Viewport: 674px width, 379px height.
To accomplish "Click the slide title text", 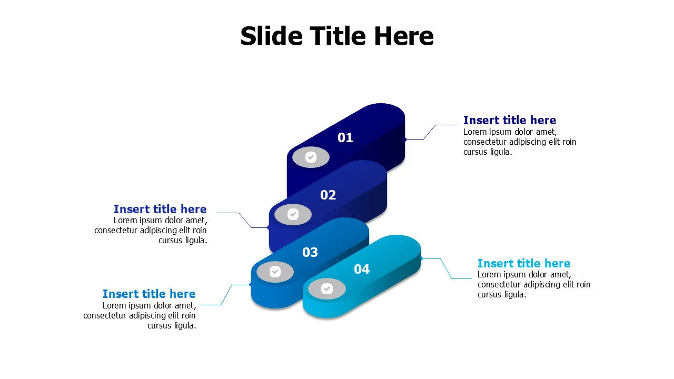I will pos(337,36).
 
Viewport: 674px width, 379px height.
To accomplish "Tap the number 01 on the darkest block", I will pos(345,138).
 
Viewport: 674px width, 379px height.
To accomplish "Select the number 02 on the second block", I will pos(328,195).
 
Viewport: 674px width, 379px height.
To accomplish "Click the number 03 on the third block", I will pos(310,253).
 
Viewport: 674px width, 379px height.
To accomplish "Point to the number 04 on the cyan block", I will pos(361,270).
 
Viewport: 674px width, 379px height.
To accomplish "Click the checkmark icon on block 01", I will pos(311,157).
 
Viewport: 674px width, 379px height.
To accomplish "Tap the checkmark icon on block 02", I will pos(293,214).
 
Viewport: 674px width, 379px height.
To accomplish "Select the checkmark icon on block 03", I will pos(275,272).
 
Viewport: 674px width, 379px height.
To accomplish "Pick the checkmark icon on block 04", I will pos(326,289).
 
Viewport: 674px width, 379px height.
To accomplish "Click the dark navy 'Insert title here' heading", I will pos(509,120).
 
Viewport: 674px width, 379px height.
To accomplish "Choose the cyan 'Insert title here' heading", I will pos(523,263).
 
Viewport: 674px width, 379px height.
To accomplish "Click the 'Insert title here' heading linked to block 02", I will pos(160,209).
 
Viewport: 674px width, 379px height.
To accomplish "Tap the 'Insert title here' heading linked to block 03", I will pos(149,294).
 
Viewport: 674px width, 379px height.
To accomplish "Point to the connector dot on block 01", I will pos(405,139).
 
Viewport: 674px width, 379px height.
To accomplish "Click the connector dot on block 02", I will pos(269,227).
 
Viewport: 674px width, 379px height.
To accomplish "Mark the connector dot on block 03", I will pos(250,285).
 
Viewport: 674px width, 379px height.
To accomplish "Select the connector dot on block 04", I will pos(421,258).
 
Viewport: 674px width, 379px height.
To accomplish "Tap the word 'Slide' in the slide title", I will pos(271,36).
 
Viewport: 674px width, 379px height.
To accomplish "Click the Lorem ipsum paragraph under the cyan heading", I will pos(533,284).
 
